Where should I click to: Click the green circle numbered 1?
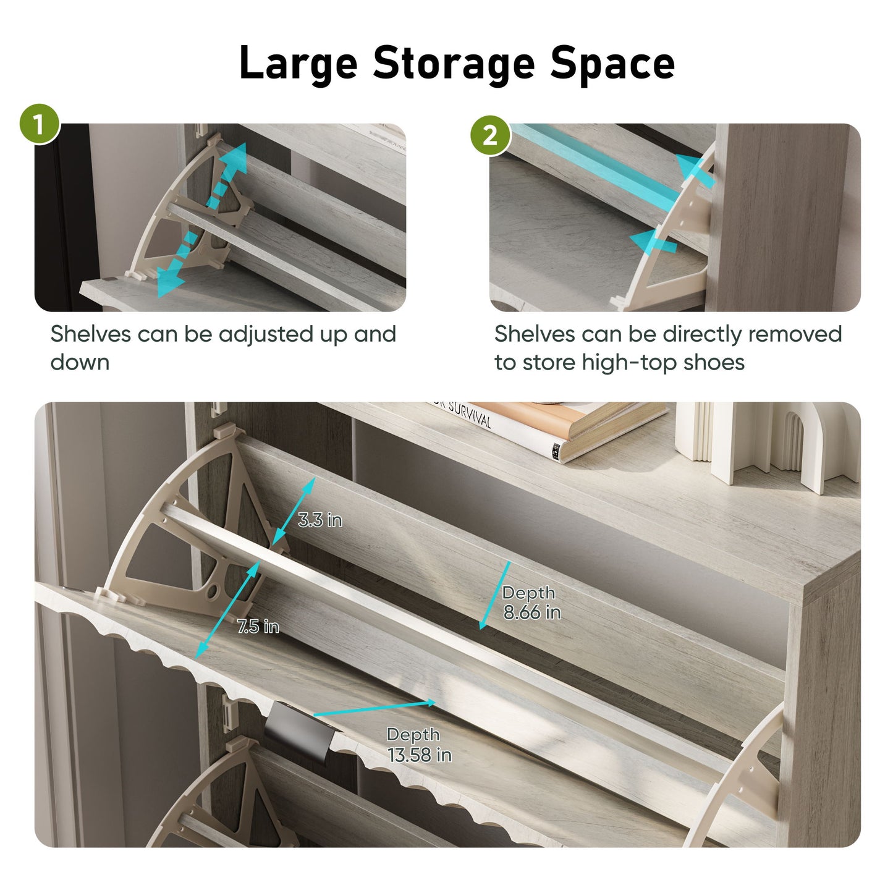tap(40, 124)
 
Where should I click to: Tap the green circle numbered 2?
tap(491, 136)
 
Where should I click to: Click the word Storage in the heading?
tap(454, 64)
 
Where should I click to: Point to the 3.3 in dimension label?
tap(320, 520)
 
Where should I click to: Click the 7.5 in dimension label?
tap(258, 627)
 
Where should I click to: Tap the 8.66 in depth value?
tap(532, 612)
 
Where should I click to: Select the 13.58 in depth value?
tap(420, 755)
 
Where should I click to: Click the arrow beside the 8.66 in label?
tap(495, 595)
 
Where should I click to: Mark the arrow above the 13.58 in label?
tap(375, 709)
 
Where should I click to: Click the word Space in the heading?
tap(612, 64)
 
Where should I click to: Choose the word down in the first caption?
tap(80, 362)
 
